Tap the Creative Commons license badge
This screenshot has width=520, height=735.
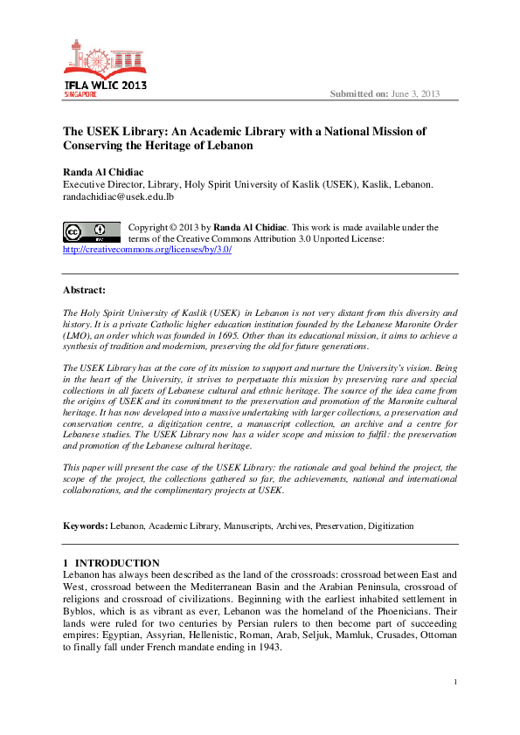(91, 232)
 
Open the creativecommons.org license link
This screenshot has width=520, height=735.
(147, 249)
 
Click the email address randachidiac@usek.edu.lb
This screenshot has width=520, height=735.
(119, 197)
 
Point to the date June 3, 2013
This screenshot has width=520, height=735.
(417, 94)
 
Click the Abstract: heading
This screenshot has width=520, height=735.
(84, 289)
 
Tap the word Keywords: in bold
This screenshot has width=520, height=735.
(85, 526)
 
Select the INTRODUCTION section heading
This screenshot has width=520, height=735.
(117, 563)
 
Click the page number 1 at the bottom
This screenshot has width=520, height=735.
(455, 705)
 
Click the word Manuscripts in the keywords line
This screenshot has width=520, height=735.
(243, 526)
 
